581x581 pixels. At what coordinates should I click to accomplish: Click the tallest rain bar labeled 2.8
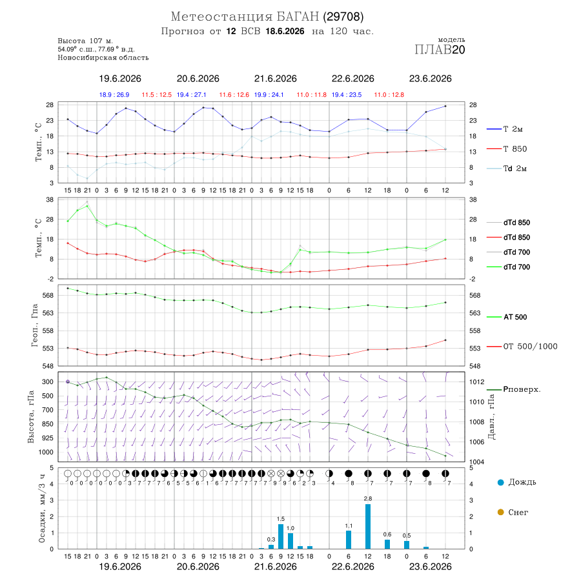367,526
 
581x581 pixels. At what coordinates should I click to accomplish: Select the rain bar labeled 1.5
281,536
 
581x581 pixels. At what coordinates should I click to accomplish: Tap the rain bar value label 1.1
349,525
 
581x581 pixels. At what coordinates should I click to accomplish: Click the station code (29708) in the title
343,17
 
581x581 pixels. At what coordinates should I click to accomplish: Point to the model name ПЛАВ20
440,50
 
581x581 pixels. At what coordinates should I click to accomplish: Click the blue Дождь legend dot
500,482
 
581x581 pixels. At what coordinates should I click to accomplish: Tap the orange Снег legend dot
500,512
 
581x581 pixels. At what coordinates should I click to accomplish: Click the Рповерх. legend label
522,389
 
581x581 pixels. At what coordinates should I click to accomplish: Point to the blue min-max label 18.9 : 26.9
114,95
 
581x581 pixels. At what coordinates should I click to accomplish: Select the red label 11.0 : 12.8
389,95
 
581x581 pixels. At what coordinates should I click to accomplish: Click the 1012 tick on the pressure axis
476,382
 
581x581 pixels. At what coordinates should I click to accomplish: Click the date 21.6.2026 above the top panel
275,79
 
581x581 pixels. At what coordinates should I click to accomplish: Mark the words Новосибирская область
103,57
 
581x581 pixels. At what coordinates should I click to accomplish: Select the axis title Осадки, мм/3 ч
41,509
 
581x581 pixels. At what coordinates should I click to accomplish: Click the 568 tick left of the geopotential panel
48,295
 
